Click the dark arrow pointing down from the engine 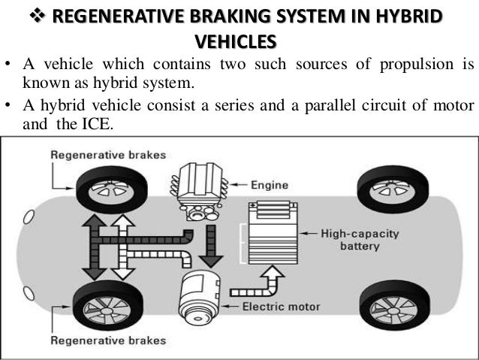point(211,248)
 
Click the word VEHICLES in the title point(234,39)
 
